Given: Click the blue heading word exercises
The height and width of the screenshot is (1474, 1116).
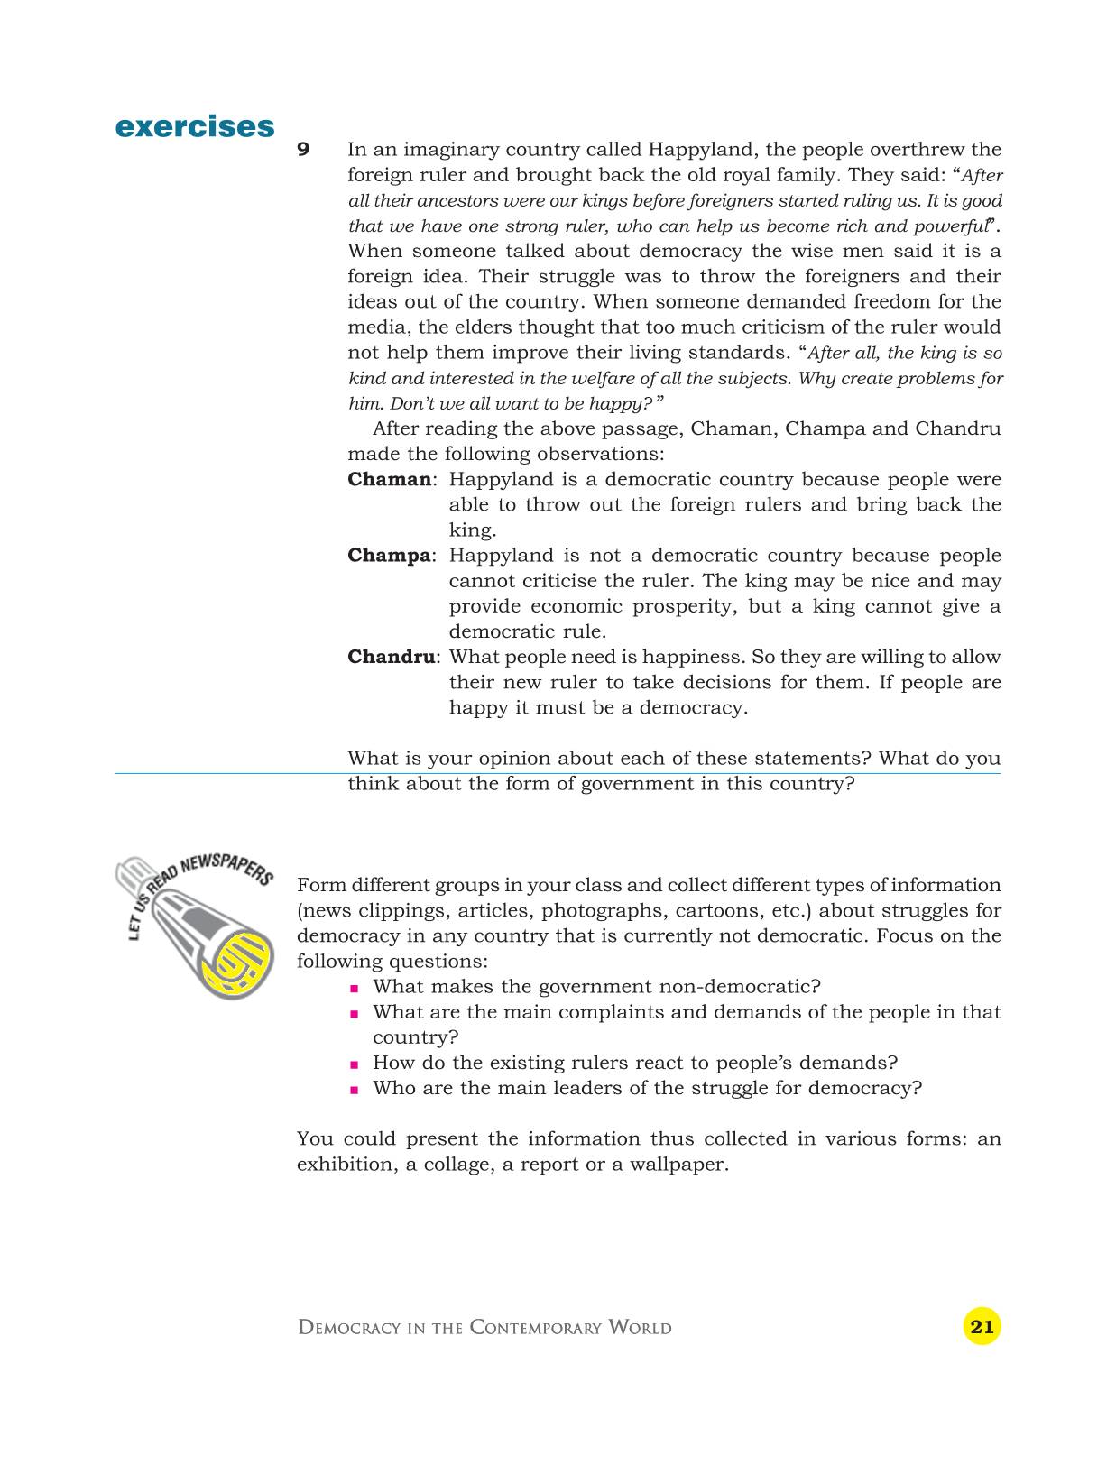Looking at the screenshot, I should pyautogui.click(x=195, y=127).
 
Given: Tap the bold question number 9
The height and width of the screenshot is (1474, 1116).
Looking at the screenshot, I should pyautogui.click(x=304, y=150).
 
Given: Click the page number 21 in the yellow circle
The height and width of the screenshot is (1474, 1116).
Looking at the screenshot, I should pyautogui.click(x=982, y=1326).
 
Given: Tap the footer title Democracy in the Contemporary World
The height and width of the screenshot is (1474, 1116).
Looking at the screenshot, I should pyautogui.click(x=484, y=1328).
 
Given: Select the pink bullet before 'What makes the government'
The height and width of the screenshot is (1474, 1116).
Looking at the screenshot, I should pyautogui.click(x=355, y=988).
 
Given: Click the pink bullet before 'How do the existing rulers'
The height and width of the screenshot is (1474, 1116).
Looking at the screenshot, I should pyautogui.click(x=355, y=1064).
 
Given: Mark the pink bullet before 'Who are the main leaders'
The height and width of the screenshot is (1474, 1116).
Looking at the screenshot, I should pyautogui.click(x=355, y=1089).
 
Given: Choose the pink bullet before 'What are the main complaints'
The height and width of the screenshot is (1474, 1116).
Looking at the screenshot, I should pyautogui.click(x=355, y=1013).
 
